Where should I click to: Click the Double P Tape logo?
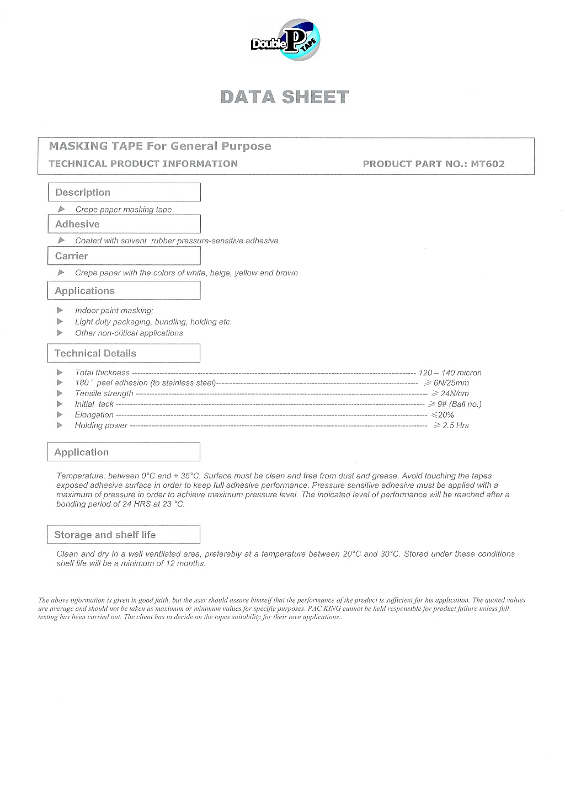285,39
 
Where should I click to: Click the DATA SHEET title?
285,97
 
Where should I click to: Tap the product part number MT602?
488,163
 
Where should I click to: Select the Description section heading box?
124,192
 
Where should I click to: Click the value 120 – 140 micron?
450,373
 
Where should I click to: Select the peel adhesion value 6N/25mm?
447,383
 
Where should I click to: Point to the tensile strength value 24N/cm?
450,393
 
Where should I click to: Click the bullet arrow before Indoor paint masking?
60,310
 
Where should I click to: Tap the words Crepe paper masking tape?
124,210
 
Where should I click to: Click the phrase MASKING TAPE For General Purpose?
160,146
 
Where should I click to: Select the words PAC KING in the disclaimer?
321,609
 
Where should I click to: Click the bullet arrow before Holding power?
60,425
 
